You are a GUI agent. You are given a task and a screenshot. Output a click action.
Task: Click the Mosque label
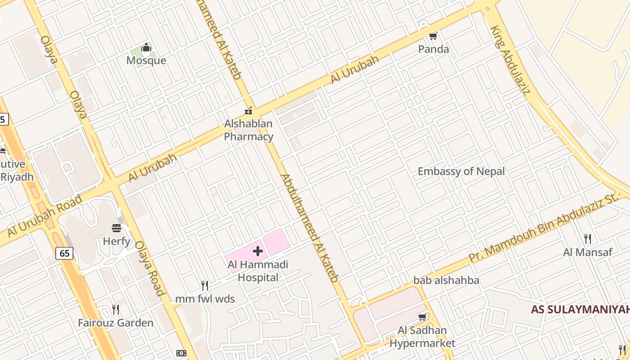[146, 60]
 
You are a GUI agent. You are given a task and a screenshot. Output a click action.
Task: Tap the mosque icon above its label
[146, 48]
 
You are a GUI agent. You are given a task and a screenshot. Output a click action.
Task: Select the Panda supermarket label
[433, 49]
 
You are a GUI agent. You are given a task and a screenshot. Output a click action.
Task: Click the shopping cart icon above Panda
[433, 36]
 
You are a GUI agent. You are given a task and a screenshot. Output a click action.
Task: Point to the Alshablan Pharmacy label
[248, 130]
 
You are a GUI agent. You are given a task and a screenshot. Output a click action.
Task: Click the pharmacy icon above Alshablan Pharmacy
[248, 110]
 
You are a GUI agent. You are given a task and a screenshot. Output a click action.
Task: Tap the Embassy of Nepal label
[461, 171]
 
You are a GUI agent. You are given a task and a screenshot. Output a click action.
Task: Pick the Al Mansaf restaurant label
[587, 252]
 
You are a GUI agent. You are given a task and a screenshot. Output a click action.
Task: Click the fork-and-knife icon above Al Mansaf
[587, 238]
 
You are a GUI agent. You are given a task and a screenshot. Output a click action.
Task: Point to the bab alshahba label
[446, 280]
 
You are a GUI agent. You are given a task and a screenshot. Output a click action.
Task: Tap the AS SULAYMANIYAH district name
[580, 310]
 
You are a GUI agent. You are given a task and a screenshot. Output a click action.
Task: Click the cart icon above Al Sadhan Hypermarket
[422, 317]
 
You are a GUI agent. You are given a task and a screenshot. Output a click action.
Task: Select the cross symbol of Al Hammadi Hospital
[258, 251]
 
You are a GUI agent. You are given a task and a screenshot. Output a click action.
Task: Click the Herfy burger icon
[117, 228]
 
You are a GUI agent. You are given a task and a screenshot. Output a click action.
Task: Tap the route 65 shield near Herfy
[65, 253]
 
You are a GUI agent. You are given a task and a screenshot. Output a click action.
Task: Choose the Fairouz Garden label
[115, 323]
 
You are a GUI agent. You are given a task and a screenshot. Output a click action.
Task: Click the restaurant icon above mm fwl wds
[204, 285]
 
